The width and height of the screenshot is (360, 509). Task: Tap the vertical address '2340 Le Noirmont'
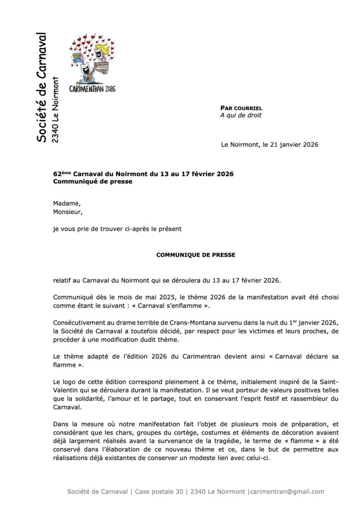click(56, 110)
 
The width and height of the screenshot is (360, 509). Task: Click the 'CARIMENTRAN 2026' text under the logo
click(92, 88)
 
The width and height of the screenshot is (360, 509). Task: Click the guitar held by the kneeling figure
click(89, 75)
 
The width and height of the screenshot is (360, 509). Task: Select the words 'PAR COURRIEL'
click(241, 108)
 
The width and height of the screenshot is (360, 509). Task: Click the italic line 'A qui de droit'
click(241, 115)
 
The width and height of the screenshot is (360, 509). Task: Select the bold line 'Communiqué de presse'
click(93, 181)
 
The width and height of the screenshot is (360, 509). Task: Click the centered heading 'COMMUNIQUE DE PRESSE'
click(196, 255)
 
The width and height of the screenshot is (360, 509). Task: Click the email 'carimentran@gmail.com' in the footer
click(287, 492)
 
